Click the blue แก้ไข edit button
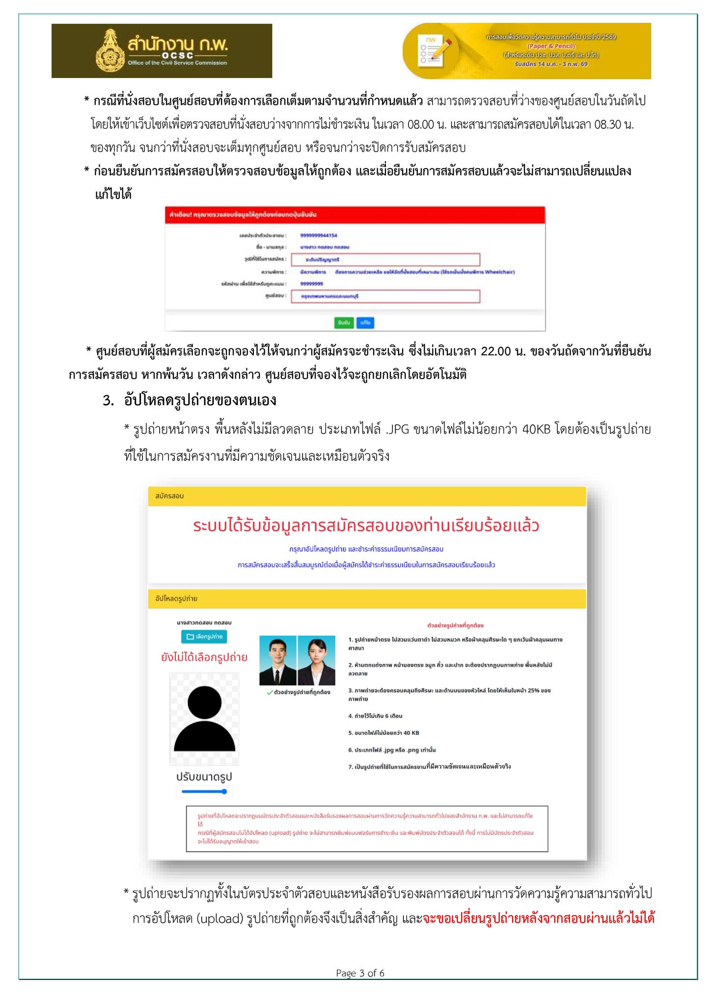tap(365, 323)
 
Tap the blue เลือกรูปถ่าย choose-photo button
tap(204, 637)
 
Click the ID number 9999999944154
tap(318, 236)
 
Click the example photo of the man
tap(278, 660)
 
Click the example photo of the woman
tap(316, 660)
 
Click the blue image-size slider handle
tap(224, 791)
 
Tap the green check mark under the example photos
tap(270, 693)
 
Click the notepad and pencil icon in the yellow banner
tap(433, 50)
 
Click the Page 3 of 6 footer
tap(360, 973)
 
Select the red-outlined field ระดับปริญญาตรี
tap(385, 259)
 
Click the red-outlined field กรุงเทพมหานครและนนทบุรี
tap(385, 297)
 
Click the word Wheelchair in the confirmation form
tap(499, 272)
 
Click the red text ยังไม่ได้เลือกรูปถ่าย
tap(204, 657)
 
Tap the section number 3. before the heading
tap(108, 401)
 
